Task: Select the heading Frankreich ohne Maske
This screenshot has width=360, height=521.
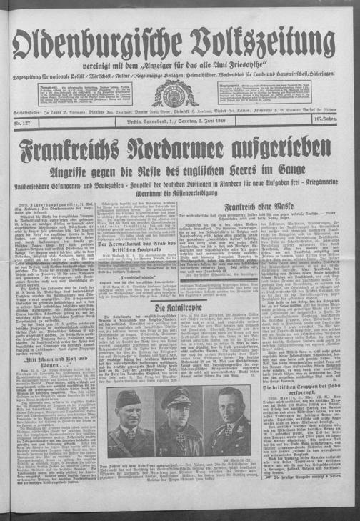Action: click(x=239, y=207)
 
